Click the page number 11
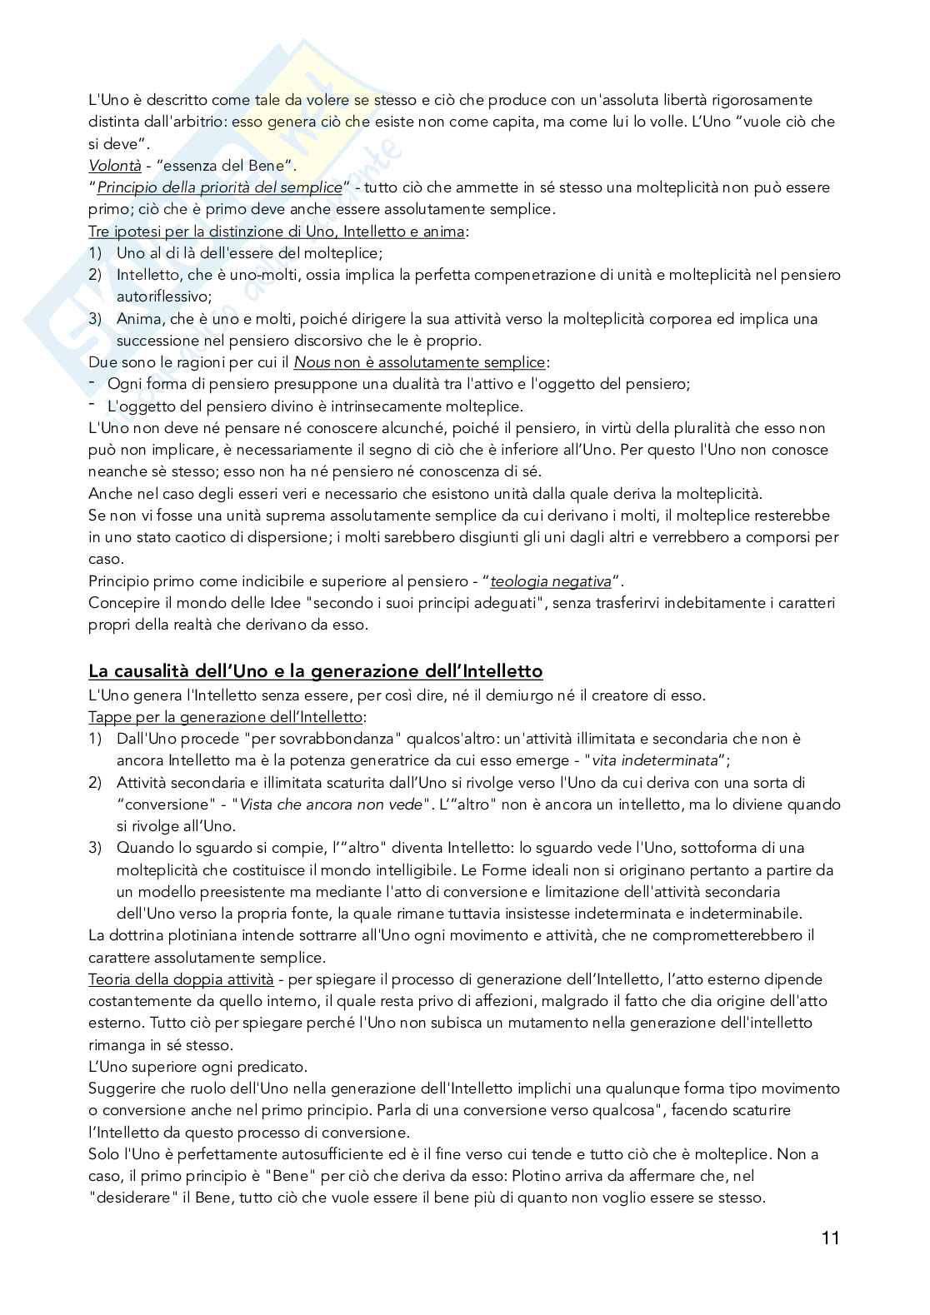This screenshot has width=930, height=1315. (x=830, y=1238)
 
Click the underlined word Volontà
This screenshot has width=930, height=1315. (x=115, y=165)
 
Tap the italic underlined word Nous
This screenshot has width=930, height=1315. (x=312, y=363)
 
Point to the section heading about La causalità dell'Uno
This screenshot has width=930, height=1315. (x=315, y=671)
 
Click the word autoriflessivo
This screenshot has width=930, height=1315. (x=165, y=296)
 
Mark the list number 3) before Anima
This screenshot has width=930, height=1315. (x=95, y=319)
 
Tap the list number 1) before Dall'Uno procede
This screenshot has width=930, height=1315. (x=95, y=739)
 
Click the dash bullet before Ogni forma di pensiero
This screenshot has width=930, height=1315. (x=92, y=384)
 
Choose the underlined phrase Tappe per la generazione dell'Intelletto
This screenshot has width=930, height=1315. (x=226, y=717)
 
